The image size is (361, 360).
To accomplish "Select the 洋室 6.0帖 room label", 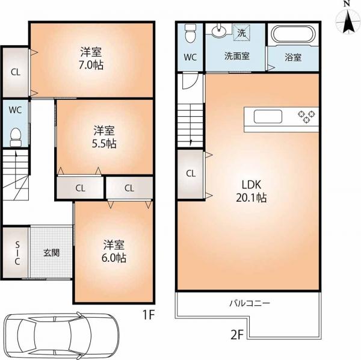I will pos(114,251).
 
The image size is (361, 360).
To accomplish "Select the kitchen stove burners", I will pos(307,116).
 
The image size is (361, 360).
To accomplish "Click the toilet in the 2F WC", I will pos(191,34).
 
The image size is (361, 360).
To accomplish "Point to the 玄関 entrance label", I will pos(51,252).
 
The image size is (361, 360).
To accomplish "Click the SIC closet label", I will pos(17,252).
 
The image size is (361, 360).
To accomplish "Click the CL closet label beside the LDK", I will pos(190,173).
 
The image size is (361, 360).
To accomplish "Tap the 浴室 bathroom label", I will pos(293,58).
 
